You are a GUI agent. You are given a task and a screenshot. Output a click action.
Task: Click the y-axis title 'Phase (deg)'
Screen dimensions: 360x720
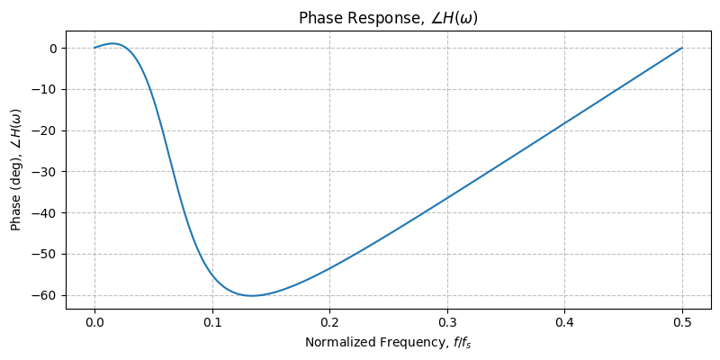click(x=16, y=169)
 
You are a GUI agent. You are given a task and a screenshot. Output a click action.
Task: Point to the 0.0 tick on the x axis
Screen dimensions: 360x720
click(x=94, y=324)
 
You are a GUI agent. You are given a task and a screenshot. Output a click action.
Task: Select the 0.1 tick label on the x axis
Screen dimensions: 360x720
click(x=212, y=324)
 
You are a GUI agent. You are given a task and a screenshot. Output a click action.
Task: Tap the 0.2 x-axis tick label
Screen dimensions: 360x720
click(x=329, y=324)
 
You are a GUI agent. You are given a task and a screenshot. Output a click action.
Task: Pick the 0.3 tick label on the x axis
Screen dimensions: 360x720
click(x=447, y=324)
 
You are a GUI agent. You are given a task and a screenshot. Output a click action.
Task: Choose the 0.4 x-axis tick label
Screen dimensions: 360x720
click(x=564, y=324)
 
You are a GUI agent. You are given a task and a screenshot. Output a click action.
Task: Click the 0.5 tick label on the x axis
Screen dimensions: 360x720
click(x=682, y=324)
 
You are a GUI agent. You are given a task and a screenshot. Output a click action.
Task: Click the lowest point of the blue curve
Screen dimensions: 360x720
click(x=252, y=295)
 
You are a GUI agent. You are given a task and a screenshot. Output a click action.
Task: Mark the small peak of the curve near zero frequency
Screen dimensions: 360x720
click(x=113, y=43)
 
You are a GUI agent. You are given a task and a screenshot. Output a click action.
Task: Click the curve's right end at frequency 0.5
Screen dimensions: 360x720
click(x=682, y=48)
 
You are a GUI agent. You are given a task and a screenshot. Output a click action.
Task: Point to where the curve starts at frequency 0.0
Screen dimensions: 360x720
click(x=94, y=48)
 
